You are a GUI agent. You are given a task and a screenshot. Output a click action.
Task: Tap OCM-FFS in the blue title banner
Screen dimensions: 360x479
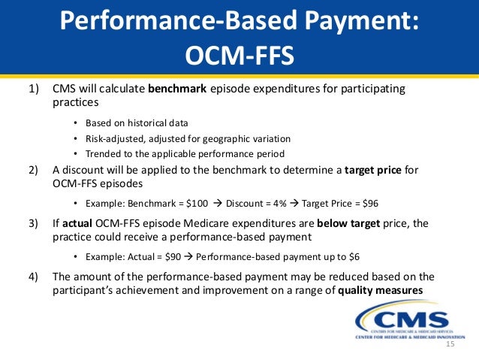[239, 55]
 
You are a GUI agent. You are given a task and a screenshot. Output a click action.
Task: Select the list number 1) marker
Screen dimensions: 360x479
[35, 89]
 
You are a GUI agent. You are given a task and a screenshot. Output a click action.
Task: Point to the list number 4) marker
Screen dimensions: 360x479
[35, 276]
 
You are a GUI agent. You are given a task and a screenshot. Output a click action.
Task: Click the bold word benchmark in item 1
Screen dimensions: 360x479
[179, 89]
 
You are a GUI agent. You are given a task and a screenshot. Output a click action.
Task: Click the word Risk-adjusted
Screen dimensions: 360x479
[112, 138]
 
